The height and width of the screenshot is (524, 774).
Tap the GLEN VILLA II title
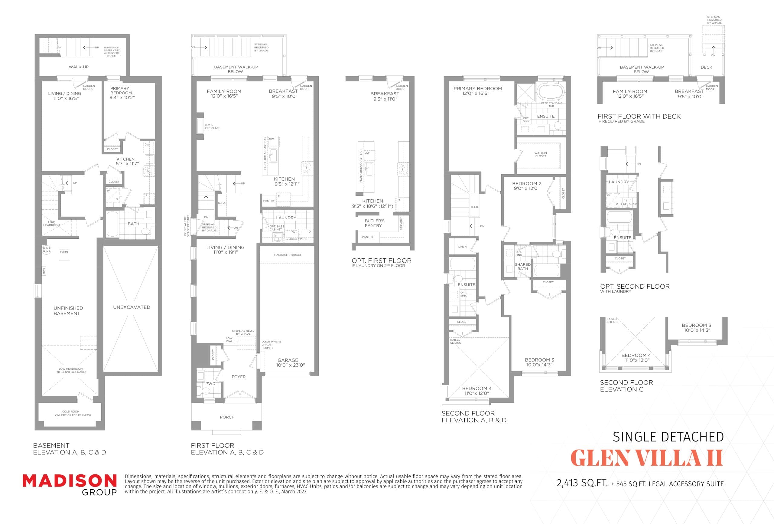(646, 458)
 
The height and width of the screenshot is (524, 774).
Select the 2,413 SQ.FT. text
(582, 483)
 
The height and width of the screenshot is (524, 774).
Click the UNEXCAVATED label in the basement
(132, 307)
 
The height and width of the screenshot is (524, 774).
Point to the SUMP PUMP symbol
(46, 250)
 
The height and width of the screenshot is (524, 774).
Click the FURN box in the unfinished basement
(64, 254)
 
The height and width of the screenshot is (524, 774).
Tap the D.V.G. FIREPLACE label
(212, 127)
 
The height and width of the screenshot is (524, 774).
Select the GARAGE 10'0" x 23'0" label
(290, 363)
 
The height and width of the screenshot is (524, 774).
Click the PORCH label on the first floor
(227, 417)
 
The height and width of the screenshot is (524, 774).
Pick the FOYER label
(239, 377)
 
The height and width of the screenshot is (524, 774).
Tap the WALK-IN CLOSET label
(541, 155)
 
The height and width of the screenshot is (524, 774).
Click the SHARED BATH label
(522, 266)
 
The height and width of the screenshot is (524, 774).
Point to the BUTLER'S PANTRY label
(374, 223)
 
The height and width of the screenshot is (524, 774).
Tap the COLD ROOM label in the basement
(71, 413)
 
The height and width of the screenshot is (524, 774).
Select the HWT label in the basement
(44, 271)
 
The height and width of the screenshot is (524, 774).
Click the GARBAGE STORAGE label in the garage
(288, 255)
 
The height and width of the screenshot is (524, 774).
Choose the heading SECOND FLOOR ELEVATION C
(626, 386)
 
